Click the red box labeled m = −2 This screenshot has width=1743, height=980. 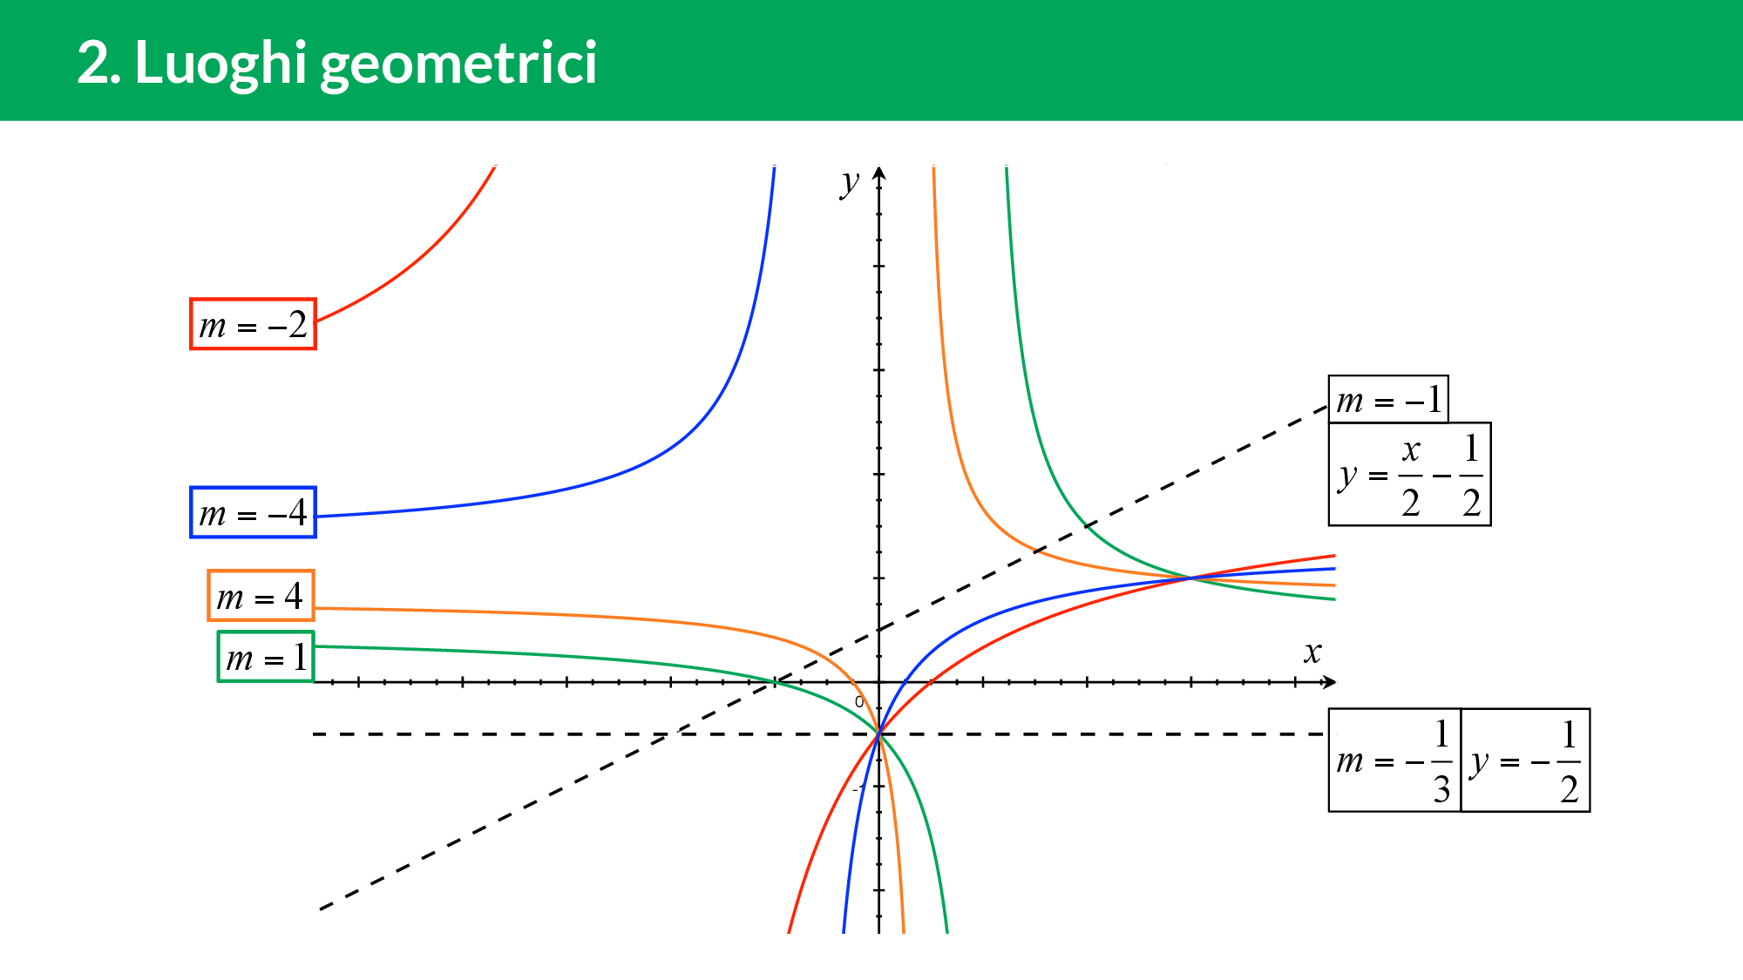coord(253,324)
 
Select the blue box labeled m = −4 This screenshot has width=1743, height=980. coord(253,512)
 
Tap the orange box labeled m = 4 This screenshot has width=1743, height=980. coord(261,596)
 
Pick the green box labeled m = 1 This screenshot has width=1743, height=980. coord(265,657)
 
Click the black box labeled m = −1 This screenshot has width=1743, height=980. coord(1388,400)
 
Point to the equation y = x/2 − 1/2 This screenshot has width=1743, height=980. coord(1409,474)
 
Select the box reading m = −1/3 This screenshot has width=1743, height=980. coord(1394,760)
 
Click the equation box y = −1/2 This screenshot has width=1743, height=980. coord(1525,760)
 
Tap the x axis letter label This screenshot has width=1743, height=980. coord(1312,652)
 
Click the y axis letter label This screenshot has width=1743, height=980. coord(850,183)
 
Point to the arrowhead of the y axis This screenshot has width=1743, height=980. coord(878,172)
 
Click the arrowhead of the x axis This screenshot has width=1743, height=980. coord(1329,682)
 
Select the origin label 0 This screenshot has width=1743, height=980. coord(859,701)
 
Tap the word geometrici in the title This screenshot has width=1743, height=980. coord(458,64)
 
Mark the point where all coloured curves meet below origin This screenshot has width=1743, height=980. coord(878,734)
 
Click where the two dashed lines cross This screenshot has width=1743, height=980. coord(668,734)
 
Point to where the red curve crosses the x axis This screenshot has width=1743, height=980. coord(931,682)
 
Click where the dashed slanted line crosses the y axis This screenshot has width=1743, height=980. coord(878,630)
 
